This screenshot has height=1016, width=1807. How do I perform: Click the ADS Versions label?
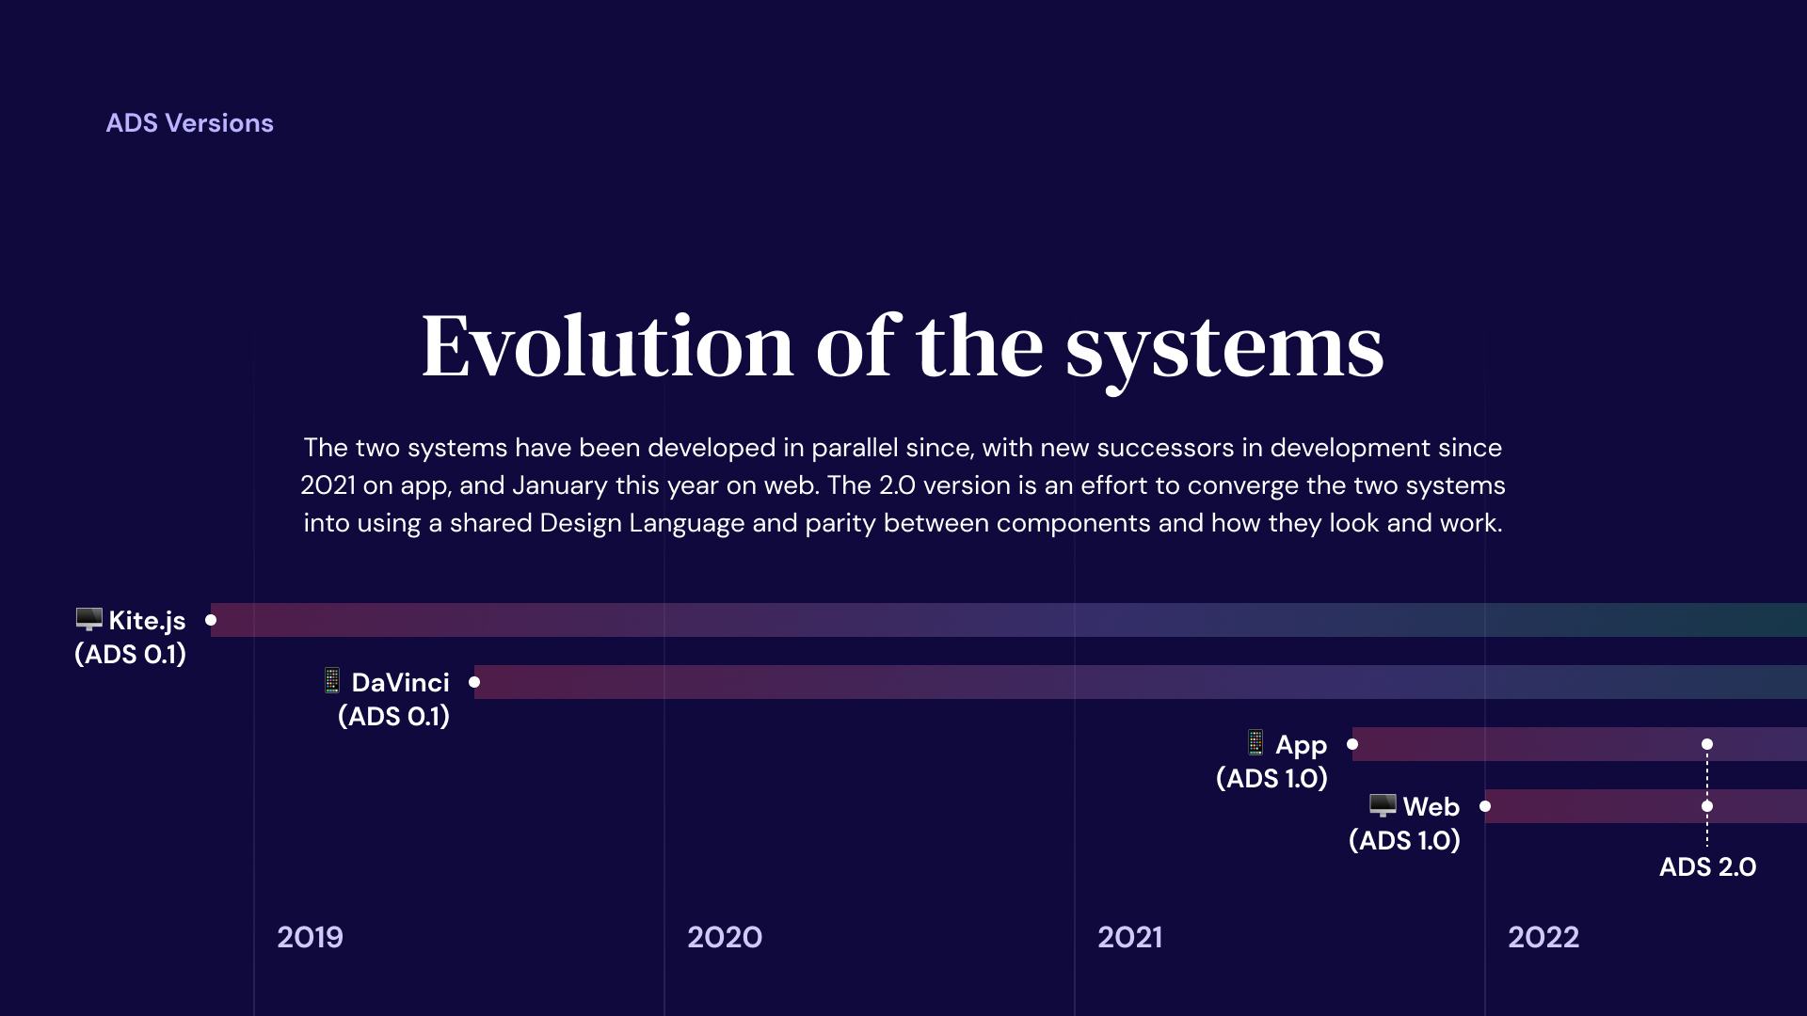pyautogui.click(x=189, y=123)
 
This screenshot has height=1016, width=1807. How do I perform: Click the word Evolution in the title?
pyautogui.click(x=607, y=347)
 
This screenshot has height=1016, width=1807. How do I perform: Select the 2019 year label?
pyautogui.click(x=310, y=937)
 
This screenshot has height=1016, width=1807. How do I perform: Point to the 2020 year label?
pyautogui.click(x=724, y=937)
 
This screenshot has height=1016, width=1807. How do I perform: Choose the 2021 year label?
pyautogui.click(x=1129, y=937)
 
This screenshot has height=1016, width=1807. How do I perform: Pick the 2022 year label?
pyautogui.click(x=1543, y=937)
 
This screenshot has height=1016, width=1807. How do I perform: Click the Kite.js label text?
pyautogui.click(x=147, y=621)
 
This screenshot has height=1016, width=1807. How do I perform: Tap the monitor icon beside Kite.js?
pyautogui.click(x=88, y=619)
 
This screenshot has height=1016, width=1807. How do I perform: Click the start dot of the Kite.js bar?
pyautogui.click(x=211, y=620)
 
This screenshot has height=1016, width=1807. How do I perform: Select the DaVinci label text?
pyautogui.click(x=400, y=683)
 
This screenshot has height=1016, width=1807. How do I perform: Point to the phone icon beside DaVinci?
pyautogui.click(x=332, y=680)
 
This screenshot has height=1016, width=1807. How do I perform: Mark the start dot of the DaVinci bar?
pyautogui.click(x=474, y=682)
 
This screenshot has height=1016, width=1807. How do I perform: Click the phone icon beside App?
pyautogui.click(x=1255, y=742)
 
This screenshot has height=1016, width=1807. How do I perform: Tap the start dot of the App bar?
pyautogui.click(x=1352, y=744)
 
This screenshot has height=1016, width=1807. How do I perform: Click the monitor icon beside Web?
pyautogui.click(x=1382, y=805)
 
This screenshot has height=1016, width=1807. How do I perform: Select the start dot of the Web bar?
pyautogui.click(x=1485, y=806)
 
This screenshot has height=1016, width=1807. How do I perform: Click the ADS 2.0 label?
pyautogui.click(x=1707, y=867)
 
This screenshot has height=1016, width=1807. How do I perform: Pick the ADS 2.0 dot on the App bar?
pyautogui.click(x=1707, y=744)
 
